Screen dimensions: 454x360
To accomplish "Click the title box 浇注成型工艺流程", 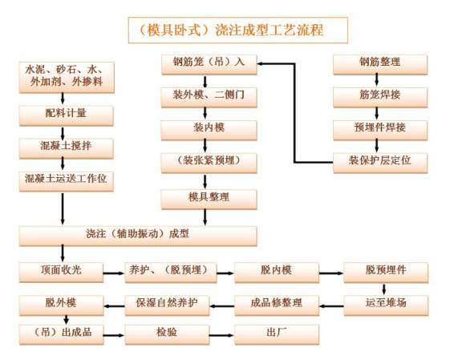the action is [238, 30].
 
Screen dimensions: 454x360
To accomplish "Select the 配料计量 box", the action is [67, 115].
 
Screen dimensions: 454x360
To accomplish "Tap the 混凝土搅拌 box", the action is [67, 148].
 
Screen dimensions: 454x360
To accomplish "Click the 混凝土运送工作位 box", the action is [67, 181].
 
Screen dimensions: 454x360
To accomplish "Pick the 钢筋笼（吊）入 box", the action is [209, 64].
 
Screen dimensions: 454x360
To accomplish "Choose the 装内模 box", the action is [209, 130].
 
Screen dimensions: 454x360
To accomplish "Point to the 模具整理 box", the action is [209, 200].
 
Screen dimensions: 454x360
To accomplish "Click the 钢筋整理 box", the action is [380, 64].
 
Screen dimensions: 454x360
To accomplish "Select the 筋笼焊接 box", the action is [380, 98].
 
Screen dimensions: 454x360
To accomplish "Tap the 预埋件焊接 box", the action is [380, 130].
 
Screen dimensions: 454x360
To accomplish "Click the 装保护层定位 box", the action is [380, 164].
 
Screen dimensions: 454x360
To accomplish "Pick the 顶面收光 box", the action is [61, 273].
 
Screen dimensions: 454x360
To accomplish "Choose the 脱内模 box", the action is [277, 273].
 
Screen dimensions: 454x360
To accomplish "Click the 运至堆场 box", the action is [386, 305].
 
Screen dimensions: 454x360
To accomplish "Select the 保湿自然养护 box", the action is [167, 305].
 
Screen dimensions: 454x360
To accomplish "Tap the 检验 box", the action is [167, 335].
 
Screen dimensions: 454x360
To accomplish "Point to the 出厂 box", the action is [277, 335].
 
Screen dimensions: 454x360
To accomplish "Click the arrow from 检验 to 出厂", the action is [221, 335].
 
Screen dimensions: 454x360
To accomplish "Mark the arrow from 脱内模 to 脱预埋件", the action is [331, 273].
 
